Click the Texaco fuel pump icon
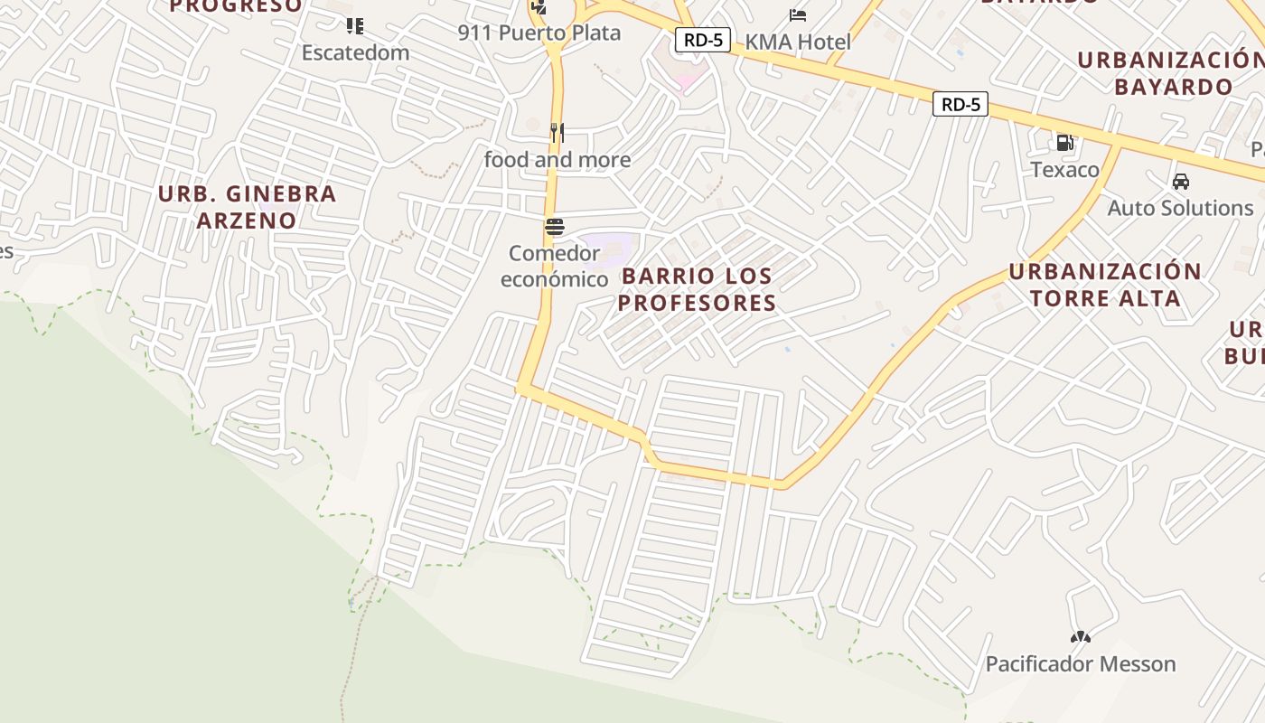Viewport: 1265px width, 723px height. click(1065, 143)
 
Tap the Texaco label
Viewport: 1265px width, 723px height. click(1065, 170)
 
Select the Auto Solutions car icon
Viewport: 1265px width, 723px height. click(1180, 182)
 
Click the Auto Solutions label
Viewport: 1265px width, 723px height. click(1180, 208)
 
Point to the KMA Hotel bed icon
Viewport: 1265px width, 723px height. click(798, 15)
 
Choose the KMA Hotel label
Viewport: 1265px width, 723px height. click(798, 42)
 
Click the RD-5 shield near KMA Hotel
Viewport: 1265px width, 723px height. click(702, 40)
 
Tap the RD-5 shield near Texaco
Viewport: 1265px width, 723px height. click(960, 105)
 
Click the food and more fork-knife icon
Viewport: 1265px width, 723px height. click(558, 133)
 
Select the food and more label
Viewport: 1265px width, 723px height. click(558, 160)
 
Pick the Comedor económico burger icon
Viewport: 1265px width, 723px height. click(555, 226)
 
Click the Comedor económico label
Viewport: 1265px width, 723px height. click(555, 266)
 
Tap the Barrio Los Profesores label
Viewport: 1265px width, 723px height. click(697, 289)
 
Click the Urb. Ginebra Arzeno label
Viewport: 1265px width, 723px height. click(247, 206)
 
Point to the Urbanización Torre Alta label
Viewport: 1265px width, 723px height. click(1105, 285)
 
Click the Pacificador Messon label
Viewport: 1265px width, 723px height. click(1081, 664)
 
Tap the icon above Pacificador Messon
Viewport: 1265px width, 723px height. click(1081, 637)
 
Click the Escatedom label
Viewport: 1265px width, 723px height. click(355, 52)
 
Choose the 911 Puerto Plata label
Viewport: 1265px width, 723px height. click(539, 33)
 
